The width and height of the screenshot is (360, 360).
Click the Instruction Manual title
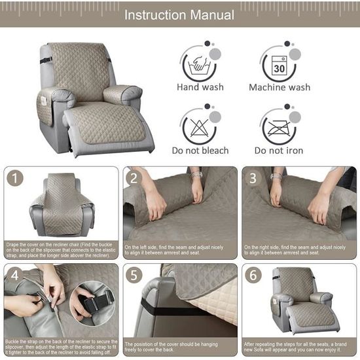click(179, 14)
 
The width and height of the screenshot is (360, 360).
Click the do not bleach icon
click(199, 126)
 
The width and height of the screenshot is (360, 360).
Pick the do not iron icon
click(279, 126)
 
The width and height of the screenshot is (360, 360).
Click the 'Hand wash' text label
click(200, 87)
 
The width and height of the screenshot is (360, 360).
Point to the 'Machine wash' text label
click(279, 87)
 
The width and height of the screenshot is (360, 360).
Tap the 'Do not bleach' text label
click(200, 151)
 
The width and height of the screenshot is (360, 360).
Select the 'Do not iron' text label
click(279, 151)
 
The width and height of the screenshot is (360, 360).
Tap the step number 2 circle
click(134, 177)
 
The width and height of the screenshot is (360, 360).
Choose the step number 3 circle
click(253, 177)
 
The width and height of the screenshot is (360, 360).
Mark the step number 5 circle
click(134, 275)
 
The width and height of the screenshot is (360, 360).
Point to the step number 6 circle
click(253, 275)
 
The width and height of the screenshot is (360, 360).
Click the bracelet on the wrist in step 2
click(197, 175)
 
